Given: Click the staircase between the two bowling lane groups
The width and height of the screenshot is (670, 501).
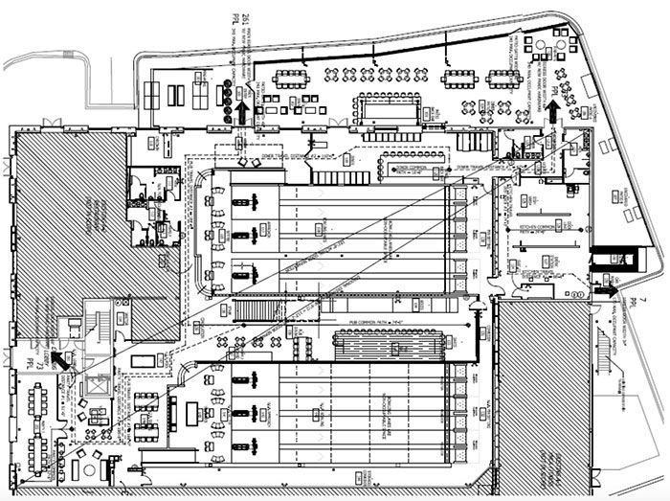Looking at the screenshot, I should (254, 310).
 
